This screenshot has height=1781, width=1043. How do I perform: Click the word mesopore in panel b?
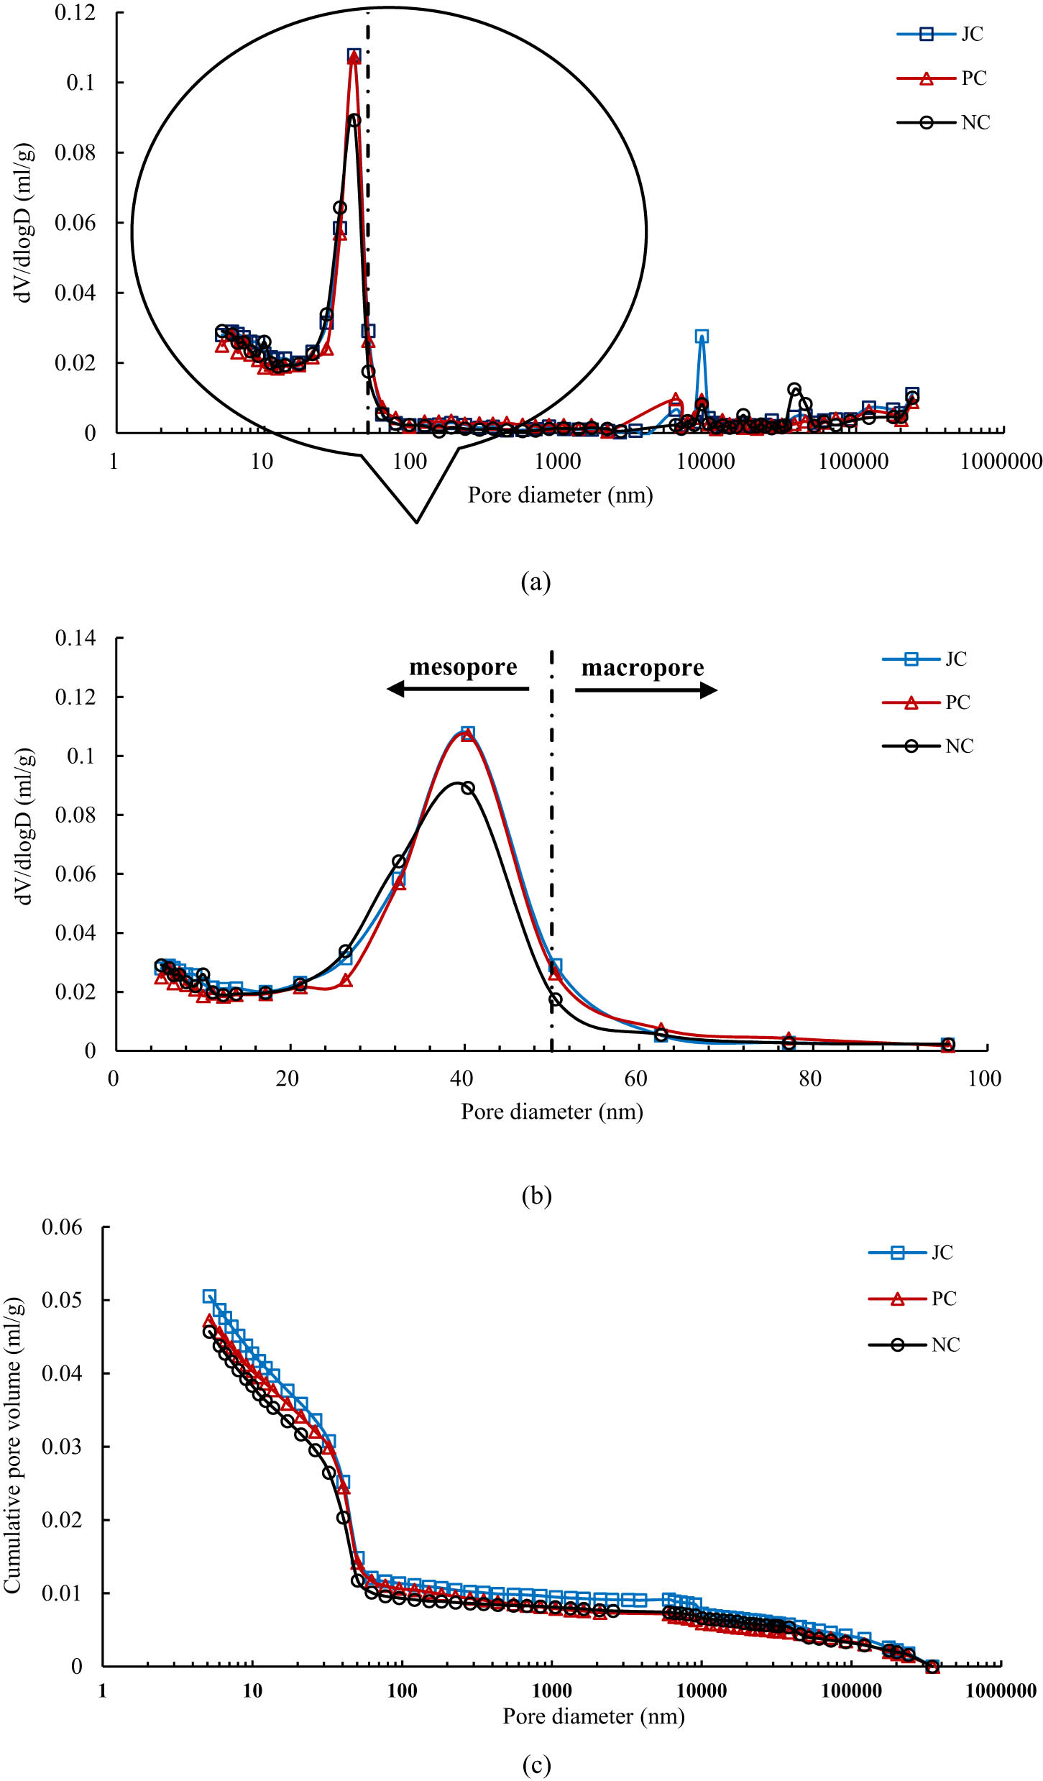point(463,667)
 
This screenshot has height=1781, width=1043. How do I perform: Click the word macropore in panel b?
point(643,668)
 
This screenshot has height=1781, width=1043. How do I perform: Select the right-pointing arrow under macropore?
point(645,690)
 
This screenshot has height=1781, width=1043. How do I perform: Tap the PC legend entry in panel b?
point(927,702)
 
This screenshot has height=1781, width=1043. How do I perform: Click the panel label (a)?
point(536,581)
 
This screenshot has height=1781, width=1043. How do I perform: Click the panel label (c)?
point(536,1764)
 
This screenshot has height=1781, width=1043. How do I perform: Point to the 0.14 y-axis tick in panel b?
point(75,638)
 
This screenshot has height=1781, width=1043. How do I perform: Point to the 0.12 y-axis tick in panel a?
point(75,13)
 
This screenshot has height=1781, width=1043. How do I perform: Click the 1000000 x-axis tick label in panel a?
point(1001,462)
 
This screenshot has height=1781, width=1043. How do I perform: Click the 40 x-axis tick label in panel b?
point(461,1079)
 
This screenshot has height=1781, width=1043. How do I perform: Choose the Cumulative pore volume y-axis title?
point(13,1445)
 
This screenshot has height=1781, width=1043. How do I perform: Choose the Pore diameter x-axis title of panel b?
point(551,1112)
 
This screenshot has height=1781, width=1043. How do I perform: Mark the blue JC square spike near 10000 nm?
point(702,336)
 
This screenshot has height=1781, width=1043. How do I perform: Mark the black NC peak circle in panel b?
point(468,788)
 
